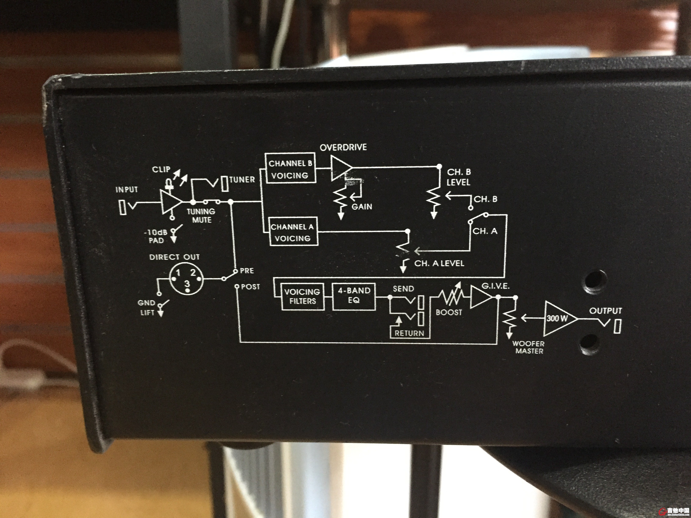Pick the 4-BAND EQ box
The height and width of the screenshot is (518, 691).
354,295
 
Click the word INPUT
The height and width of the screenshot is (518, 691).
127,190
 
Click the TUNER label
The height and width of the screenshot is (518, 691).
242,179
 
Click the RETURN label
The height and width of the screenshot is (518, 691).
409,333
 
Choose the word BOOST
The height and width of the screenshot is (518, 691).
449,312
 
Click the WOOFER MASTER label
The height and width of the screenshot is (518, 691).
529,347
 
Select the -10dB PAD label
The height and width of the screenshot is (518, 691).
156,236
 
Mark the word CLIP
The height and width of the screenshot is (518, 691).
161,169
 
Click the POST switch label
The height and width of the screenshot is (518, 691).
250,287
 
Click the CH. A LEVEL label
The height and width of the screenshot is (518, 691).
439,263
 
